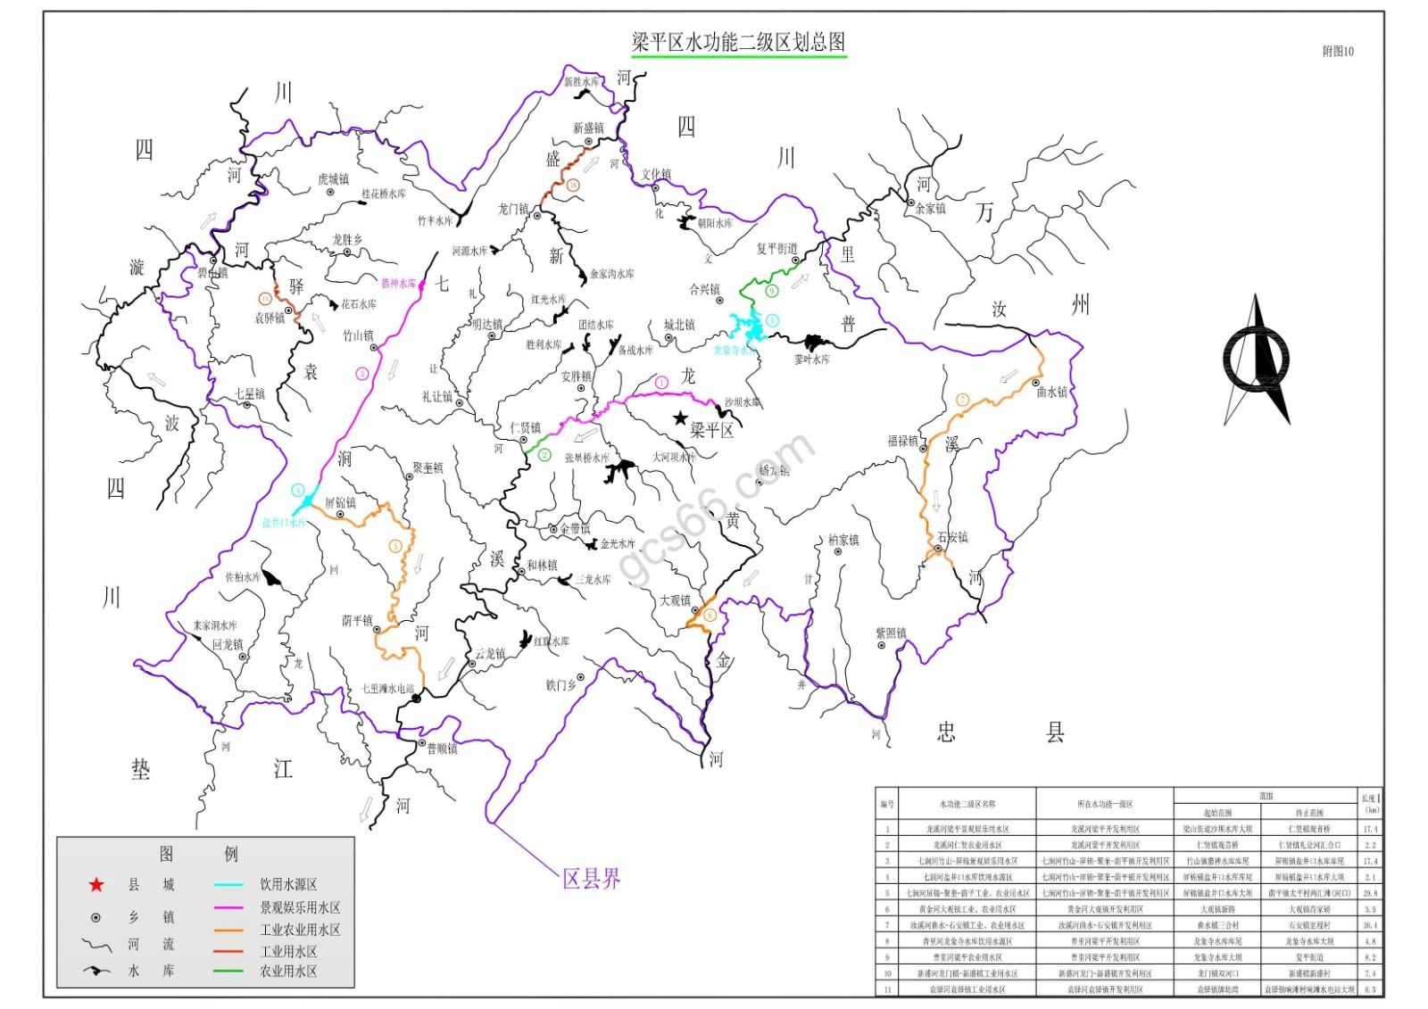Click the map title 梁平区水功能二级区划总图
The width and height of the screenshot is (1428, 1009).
tap(738, 42)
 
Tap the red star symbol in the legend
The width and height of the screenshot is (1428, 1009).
tap(96, 885)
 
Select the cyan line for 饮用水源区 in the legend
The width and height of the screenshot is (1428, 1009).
tap(228, 885)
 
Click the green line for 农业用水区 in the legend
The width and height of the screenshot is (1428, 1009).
tap(228, 971)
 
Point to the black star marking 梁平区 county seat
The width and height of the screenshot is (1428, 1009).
tap(681, 418)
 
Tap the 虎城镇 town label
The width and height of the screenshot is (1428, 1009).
tap(333, 179)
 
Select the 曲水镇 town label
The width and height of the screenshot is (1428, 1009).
tap(1051, 392)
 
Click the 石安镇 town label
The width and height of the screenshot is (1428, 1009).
tap(952, 537)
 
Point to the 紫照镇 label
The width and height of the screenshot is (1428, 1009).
tap(891, 633)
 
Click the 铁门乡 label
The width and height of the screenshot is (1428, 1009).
tap(561, 685)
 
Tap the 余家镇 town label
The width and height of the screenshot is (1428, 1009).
tap(930, 209)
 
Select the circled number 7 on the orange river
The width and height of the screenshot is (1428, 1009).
tap(962, 400)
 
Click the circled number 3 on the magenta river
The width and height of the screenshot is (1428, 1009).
tap(362, 374)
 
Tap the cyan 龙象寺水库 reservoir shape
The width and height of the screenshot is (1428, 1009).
tap(748, 327)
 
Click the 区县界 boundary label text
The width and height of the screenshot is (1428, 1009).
tap(591, 879)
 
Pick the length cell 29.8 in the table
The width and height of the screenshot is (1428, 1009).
tap(1370, 893)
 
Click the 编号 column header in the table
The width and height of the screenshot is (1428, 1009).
tap(887, 804)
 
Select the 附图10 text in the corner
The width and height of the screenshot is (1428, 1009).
tap(1337, 52)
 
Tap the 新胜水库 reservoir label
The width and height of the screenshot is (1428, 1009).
tap(581, 82)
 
